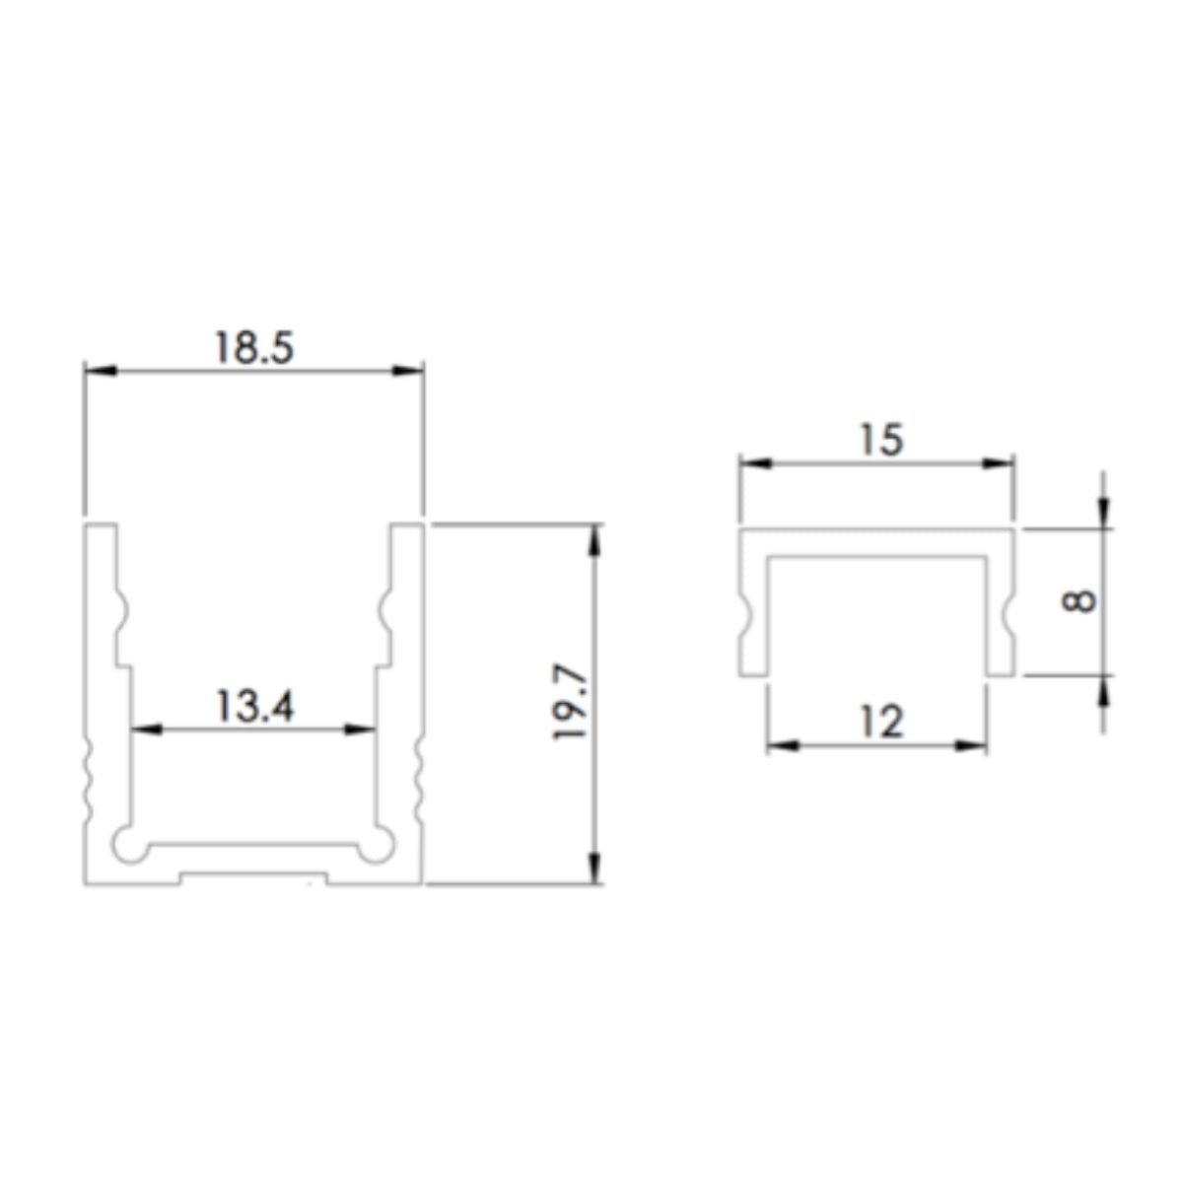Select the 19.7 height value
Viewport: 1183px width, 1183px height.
coord(573,703)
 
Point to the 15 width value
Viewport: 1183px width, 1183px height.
coord(879,439)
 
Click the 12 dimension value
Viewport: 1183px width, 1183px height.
coord(879,723)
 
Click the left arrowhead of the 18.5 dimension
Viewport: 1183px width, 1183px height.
coord(100,371)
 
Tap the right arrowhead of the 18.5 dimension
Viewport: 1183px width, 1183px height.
coord(409,371)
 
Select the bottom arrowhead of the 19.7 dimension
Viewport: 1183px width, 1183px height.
coord(594,869)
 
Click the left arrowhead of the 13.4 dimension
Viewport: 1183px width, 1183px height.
coord(146,731)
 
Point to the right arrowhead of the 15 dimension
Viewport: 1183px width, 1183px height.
coord(1000,463)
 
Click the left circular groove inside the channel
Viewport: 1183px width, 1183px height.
coord(128,845)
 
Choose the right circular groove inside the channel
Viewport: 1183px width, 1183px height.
coord(376,845)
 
